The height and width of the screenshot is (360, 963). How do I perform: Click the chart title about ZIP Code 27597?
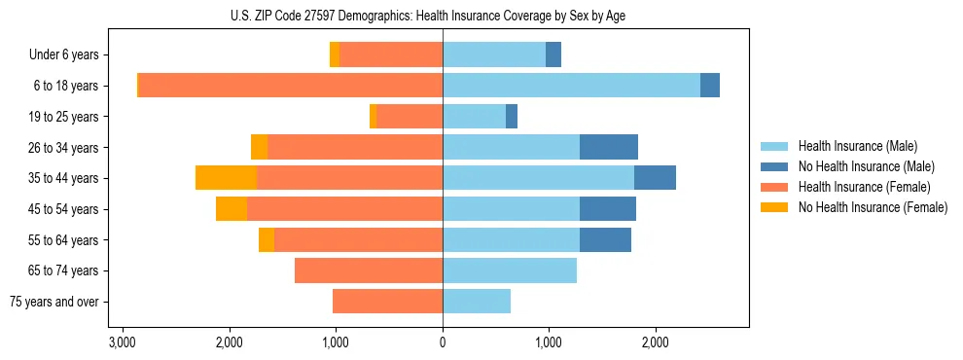pyautogui.click(x=443, y=16)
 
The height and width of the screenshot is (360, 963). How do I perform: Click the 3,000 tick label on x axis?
pyautogui.click(x=123, y=342)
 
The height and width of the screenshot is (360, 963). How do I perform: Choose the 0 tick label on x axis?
pyautogui.click(x=443, y=342)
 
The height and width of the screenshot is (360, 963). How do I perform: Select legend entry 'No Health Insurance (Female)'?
pyautogui.click(x=872, y=207)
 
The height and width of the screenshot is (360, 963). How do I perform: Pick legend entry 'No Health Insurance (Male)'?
pyautogui.click(x=865, y=166)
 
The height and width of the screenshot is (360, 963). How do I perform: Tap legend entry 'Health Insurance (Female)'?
pyautogui.click(x=864, y=187)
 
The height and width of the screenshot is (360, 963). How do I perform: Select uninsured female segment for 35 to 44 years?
pyautogui.click(x=226, y=178)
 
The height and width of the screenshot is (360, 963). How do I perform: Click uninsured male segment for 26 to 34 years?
pyautogui.click(x=609, y=147)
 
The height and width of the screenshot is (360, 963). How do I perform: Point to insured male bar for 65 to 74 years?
pyautogui.click(x=510, y=270)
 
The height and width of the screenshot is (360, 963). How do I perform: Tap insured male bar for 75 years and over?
pyautogui.click(x=477, y=302)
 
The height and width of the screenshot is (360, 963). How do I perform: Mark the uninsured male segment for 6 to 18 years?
pyautogui.click(x=710, y=86)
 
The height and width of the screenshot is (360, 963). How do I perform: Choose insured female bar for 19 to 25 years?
pyautogui.click(x=410, y=117)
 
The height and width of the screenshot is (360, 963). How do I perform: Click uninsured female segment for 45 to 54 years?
pyautogui.click(x=232, y=209)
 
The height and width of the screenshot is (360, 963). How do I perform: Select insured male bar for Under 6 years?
pyautogui.click(x=494, y=55)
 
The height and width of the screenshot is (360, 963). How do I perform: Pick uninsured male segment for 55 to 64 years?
pyautogui.click(x=605, y=239)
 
